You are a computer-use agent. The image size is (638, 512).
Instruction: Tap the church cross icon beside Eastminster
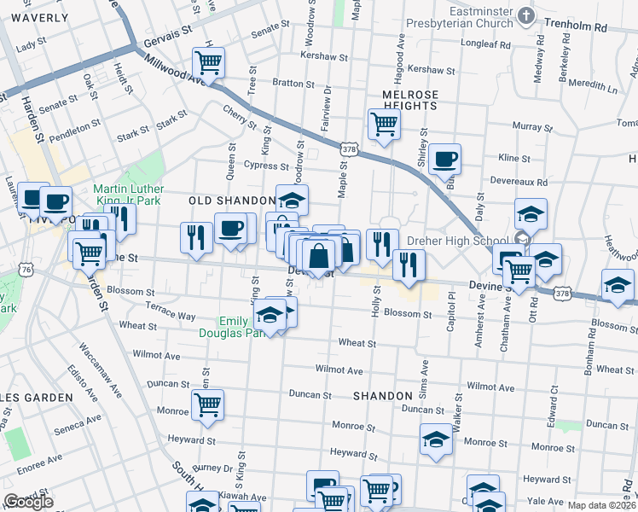coord(526,15)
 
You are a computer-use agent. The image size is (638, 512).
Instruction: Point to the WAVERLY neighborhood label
coord(40,17)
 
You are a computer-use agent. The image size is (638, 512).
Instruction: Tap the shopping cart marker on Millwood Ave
coord(208,61)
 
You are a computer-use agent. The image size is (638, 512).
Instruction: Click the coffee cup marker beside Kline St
coord(444,158)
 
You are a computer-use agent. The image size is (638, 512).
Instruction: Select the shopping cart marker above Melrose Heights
coord(384,123)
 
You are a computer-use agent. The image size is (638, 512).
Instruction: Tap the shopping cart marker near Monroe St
coord(207,404)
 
